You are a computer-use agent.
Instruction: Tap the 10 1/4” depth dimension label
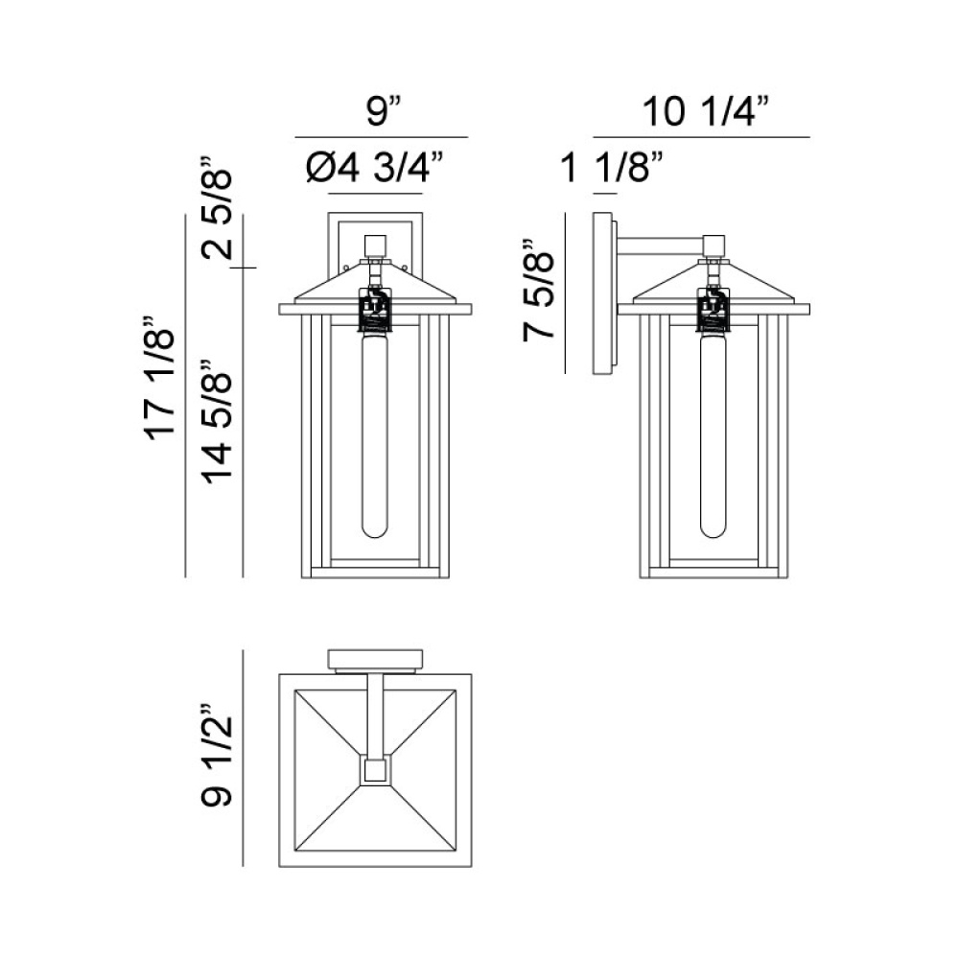click(x=707, y=112)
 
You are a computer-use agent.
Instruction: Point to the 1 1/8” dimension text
click(x=613, y=170)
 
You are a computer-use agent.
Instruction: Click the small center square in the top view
click(x=375, y=769)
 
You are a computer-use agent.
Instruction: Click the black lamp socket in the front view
click(x=375, y=309)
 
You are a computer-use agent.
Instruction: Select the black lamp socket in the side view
click(x=713, y=309)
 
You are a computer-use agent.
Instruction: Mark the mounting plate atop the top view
click(x=375, y=660)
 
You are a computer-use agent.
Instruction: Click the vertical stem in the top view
click(x=375, y=714)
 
